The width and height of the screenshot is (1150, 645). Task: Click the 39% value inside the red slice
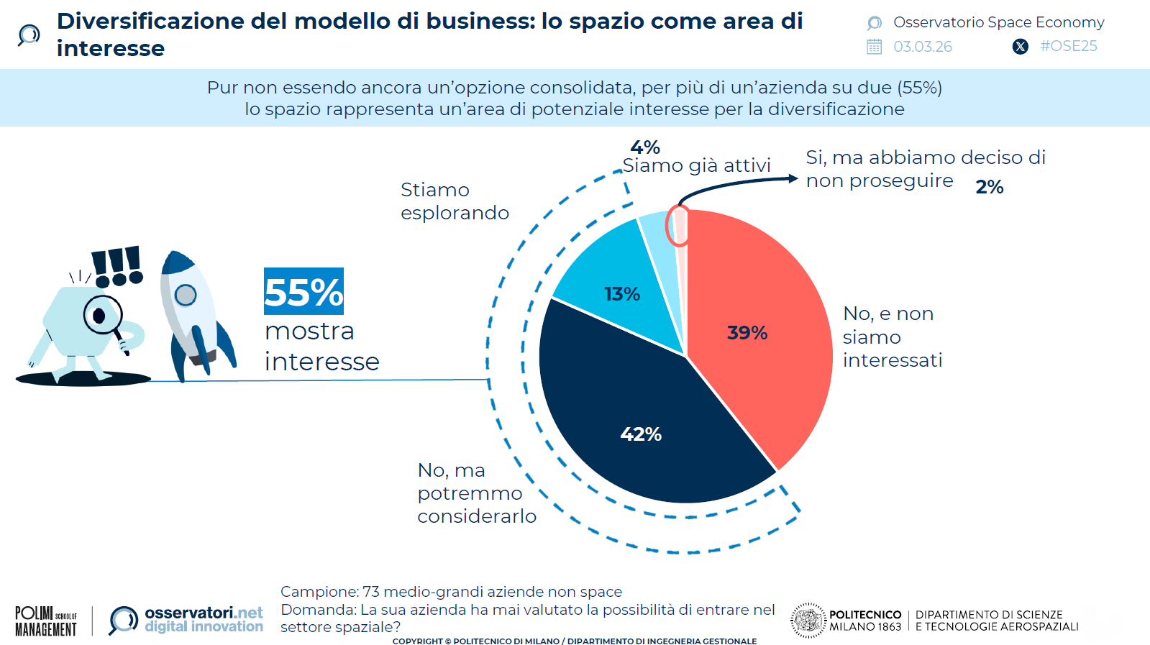click(747, 333)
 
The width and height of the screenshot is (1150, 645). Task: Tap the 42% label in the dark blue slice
click(641, 434)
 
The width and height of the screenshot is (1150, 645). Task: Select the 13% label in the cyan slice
click(622, 294)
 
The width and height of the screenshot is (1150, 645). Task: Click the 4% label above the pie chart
click(645, 147)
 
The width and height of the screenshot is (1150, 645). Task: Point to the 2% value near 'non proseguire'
click(989, 187)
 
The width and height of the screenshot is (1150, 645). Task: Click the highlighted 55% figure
click(304, 292)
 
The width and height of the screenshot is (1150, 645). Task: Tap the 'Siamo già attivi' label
click(696, 166)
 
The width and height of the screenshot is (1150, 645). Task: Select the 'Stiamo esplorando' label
click(454, 201)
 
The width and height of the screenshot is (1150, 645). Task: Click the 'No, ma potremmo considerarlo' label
click(476, 493)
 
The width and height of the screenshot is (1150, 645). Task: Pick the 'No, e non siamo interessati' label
click(892, 337)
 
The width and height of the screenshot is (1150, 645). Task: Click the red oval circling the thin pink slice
click(677, 226)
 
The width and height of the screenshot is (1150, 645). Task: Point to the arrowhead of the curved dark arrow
click(793, 178)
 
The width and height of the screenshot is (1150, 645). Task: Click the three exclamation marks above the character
click(117, 266)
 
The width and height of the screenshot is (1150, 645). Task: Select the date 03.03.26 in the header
click(922, 47)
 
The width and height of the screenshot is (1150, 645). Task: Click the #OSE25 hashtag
click(1068, 46)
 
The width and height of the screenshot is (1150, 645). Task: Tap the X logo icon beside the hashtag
click(1020, 47)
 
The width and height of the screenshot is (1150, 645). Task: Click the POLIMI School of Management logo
click(46, 621)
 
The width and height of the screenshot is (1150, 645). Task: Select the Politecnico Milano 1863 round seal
click(808, 620)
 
